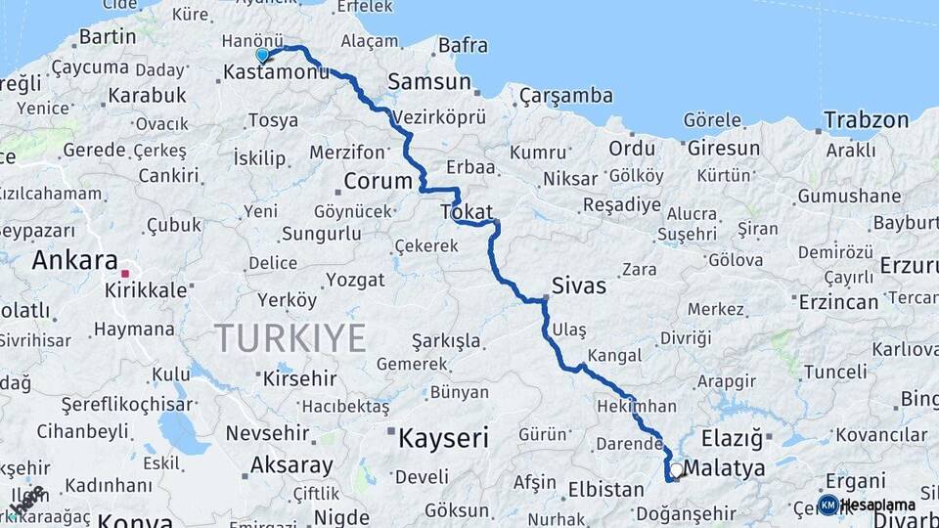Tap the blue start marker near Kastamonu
pyautogui.click(x=262, y=56)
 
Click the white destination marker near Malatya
pyautogui.click(x=676, y=470)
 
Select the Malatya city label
pyautogui.click(x=725, y=468)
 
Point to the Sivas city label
pyautogui.click(x=579, y=286)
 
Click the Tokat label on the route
pyautogui.click(x=467, y=211)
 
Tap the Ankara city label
pyautogui.click(x=74, y=260)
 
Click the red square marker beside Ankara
pyautogui.click(x=125, y=274)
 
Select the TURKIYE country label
pyautogui.click(x=291, y=338)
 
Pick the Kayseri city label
pyautogui.click(x=443, y=437)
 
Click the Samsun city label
pyautogui.click(x=429, y=82)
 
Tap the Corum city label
pyautogui.click(x=378, y=181)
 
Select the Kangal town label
pyautogui.click(x=615, y=356)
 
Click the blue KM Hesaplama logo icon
pyautogui.click(x=827, y=505)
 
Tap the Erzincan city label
pyautogui.click(x=838, y=301)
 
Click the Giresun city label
pyautogui.click(x=723, y=149)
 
